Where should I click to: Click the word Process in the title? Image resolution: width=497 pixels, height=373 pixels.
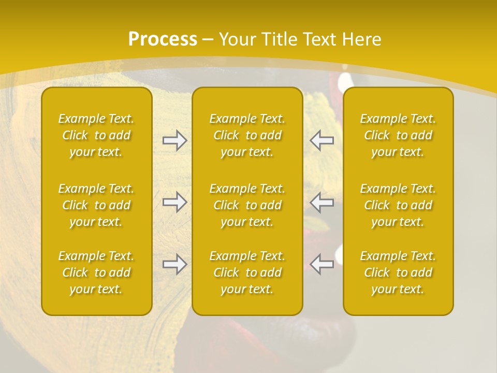pyautogui.click(x=163, y=39)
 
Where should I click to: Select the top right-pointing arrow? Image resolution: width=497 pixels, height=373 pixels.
pyautogui.click(x=174, y=140)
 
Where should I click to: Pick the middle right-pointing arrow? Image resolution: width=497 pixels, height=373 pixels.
pyautogui.click(x=174, y=202)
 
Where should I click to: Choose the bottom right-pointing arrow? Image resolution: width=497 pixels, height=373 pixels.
pyautogui.click(x=174, y=264)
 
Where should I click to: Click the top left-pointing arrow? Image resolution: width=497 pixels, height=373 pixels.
pyautogui.click(x=321, y=140)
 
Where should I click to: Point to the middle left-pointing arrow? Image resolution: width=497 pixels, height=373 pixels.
pyautogui.click(x=321, y=202)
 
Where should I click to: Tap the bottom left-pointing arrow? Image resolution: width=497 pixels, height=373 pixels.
pyautogui.click(x=321, y=264)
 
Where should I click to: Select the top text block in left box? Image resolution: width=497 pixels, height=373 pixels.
pyautogui.click(x=96, y=135)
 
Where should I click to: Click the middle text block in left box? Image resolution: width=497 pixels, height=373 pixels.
pyautogui.click(x=96, y=205)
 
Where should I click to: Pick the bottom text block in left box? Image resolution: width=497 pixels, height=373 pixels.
pyautogui.click(x=96, y=272)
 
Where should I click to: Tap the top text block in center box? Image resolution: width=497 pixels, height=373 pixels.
pyautogui.click(x=247, y=135)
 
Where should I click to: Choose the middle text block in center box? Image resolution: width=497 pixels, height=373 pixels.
pyautogui.click(x=247, y=205)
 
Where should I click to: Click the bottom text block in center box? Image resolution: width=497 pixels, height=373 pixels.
pyautogui.click(x=247, y=272)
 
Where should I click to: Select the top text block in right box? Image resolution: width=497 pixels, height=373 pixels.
pyautogui.click(x=398, y=135)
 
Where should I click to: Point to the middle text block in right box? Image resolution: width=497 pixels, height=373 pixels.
pyautogui.click(x=398, y=205)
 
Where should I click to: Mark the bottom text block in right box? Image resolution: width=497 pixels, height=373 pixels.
pyautogui.click(x=398, y=272)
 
